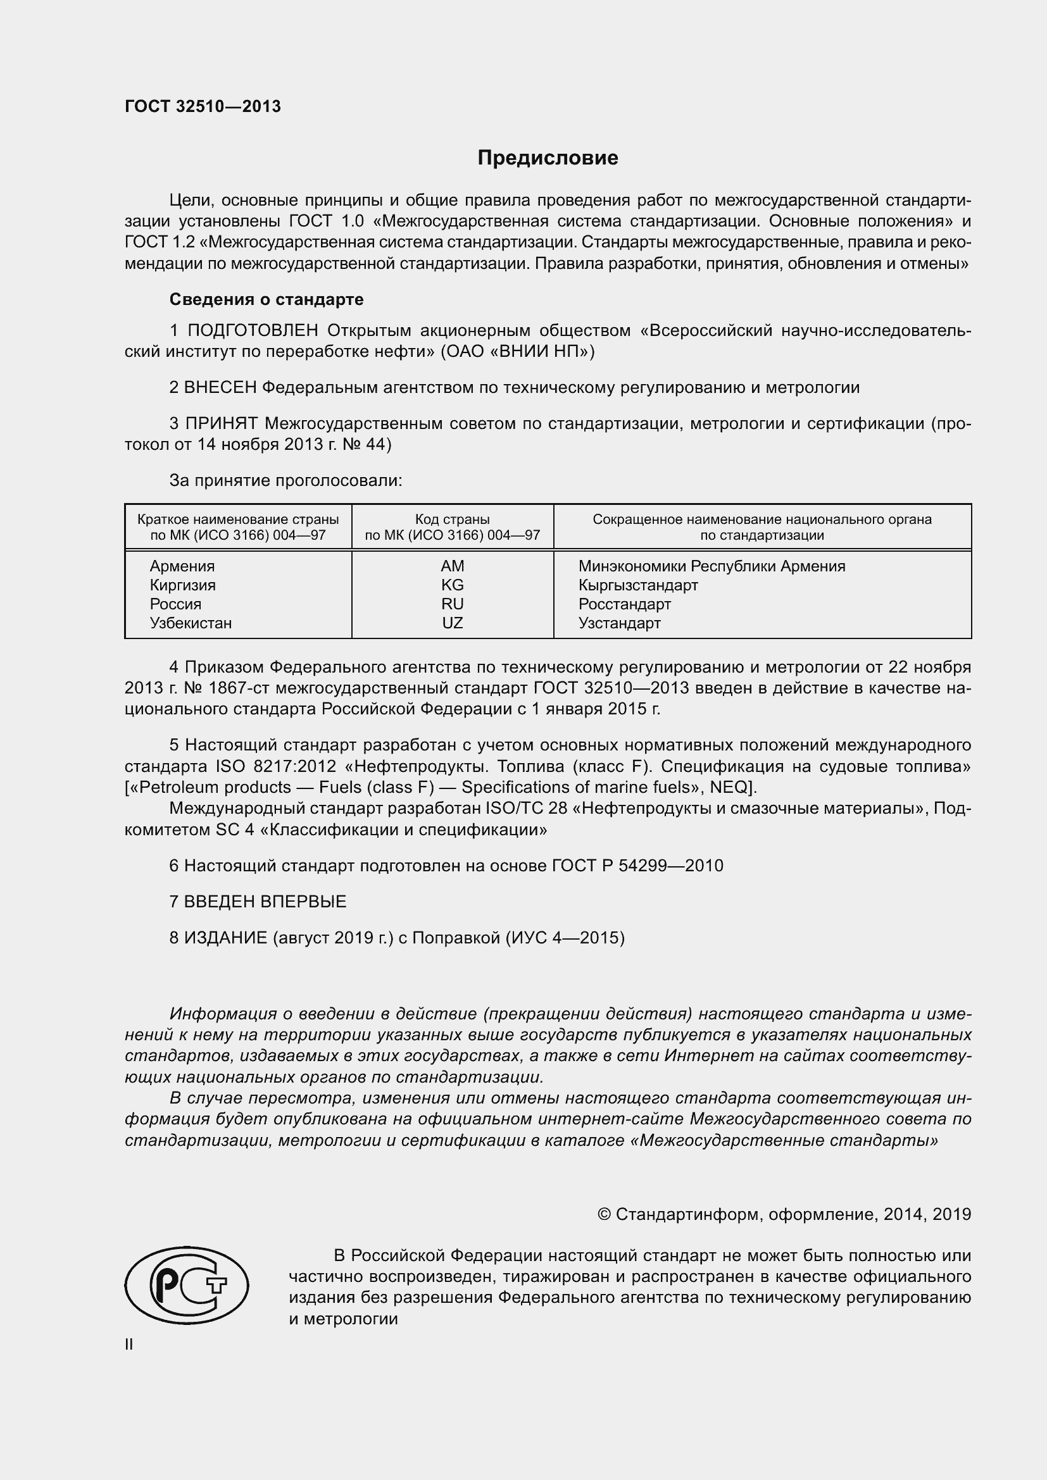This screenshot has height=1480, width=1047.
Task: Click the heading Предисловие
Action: [x=548, y=158]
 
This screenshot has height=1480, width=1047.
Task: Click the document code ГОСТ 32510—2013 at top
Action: [x=203, y=107]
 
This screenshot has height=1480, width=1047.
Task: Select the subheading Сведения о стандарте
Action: [x=266, y=299]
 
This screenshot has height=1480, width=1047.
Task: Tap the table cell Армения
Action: [x=182, y=566]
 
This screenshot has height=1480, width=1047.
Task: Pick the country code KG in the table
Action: [x=452, y=585]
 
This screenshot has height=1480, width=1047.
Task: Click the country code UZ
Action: [x=452, y=623]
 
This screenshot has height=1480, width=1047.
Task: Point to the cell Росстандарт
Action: [x=624, y=604]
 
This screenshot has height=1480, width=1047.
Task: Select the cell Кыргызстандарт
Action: [x=637, y=585]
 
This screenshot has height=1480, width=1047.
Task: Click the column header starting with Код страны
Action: [x=452, y=526]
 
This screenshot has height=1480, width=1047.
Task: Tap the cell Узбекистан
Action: [x=190, y=623]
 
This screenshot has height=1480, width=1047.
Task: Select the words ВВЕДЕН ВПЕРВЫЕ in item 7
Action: [x=265, y=901]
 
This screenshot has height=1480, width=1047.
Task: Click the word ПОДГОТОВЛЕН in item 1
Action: [x=252, y=331]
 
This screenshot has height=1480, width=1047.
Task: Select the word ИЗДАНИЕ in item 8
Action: [x=225, y=937]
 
